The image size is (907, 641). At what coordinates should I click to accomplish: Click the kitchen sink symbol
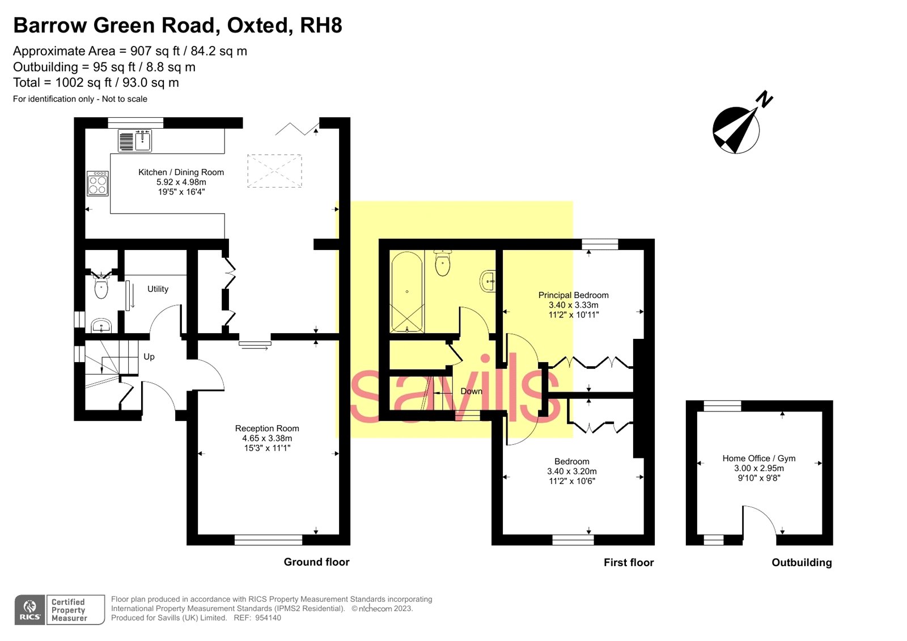135,141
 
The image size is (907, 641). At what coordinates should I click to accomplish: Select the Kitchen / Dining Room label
181,172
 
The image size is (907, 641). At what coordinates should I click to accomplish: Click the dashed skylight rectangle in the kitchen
274,171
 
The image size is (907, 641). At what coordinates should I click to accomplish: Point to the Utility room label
158,289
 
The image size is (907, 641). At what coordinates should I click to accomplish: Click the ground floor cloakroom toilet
101,287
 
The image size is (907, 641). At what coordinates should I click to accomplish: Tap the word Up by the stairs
149,357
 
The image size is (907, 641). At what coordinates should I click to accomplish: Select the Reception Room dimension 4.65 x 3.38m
267,438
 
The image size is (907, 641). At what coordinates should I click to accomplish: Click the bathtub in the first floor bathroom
406,292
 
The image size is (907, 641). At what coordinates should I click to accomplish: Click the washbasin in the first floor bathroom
488,281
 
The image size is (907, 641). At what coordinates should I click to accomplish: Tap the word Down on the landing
471,392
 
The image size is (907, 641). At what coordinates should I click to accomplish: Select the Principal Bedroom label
573,295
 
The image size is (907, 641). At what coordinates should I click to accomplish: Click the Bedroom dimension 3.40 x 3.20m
571,472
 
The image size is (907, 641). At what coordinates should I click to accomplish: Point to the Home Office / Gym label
758,459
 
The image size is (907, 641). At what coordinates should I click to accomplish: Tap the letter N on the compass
765,99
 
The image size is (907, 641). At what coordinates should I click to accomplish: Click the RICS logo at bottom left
30,610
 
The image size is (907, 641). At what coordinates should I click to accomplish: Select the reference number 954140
268,618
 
